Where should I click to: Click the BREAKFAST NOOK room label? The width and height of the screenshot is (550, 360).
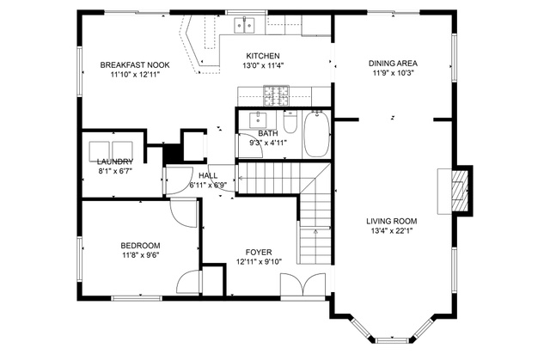pyautogui.click(x=135, y=64)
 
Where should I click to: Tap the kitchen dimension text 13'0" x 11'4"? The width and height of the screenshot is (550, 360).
pyautogui.click(x=263, y=65)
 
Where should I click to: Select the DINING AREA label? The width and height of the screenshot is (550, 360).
pyautogui.click(x=393, y=64)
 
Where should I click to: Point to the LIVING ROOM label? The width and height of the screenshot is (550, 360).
pyautogui.click(x=392, y=221)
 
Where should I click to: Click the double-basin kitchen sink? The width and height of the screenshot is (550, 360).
pyautogui.click(x=244, y=25)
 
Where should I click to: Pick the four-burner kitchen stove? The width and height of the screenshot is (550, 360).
pyautogui.click(x=277, y=95)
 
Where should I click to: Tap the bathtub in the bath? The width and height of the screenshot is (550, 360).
pyautogui.click(x=317, y=134)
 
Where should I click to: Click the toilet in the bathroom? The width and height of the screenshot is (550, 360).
pyautogui.click(x=290, y=121)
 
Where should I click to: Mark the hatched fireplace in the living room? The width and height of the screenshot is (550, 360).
pyautogui.click(x=459, y=191)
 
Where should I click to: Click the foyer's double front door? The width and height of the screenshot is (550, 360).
pyautogui.click(x=302, y=285)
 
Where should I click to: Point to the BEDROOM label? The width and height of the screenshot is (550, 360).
pyautogui.click(x=140, y=246)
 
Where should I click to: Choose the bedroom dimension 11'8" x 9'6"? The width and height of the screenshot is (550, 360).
pyautogui.click(x=140, y=255)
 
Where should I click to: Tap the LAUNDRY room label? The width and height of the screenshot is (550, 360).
pyautogui.click(x=115, y=162)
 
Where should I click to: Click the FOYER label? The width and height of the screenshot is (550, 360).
pyautogui.click(x=259, y=253)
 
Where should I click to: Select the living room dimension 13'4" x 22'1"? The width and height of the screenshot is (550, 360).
pyautogui.click(x=392, y=231)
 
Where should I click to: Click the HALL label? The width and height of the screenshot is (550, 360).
pyautogui.click(x=208, y=175)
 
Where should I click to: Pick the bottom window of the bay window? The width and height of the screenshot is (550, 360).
pyautogui.click(x=392, y=340)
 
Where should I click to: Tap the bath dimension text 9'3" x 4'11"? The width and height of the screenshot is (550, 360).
pyautogui.click(x=268, y=143)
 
